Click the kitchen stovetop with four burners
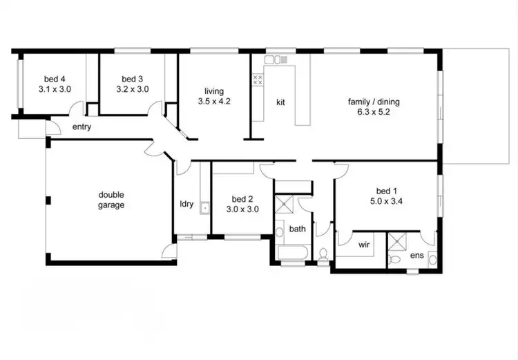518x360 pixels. coord(257,79)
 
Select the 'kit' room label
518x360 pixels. coord(281,102)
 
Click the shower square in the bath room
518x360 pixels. coord(285,205)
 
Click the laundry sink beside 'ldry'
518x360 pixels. coord(204,207)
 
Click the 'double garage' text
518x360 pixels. coord(111,200)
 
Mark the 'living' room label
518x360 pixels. coord(213,91)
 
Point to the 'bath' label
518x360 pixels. coord(297,229)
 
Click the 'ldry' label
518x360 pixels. coord(186,204)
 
